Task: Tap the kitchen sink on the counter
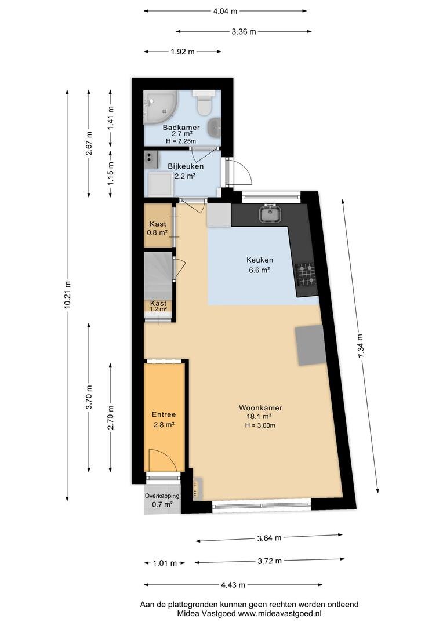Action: [x=271, y=214]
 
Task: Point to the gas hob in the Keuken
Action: [x=305, y=275]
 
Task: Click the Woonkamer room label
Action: [x=260, y=407]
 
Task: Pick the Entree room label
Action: [x=164, y=415]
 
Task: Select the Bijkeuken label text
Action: [x=186, y=166]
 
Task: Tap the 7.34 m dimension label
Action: [x=361, y=347]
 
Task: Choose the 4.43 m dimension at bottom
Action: [x=233, y=585]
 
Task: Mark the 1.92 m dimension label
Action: [x=183, y=52]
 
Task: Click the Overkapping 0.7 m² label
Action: [x=162, y=500]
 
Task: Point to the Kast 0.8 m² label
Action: [x=158, y=228]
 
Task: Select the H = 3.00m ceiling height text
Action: [x=260, y=425]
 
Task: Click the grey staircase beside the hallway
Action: [x=158, y=275]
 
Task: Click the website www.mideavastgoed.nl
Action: [x=280, y=614]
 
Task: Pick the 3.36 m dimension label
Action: [x=244, y=31]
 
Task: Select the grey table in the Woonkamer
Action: [x=310, y=345]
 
